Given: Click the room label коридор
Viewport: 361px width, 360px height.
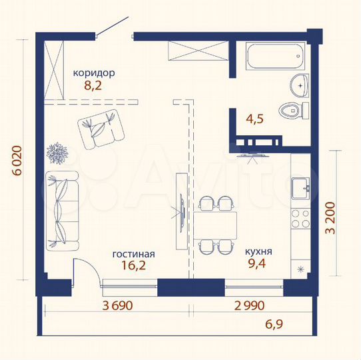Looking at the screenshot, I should (x=95, y=73).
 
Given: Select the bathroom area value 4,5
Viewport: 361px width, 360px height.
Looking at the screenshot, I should (x=254, y=120).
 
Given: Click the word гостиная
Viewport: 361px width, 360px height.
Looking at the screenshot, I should (x=133, y=254).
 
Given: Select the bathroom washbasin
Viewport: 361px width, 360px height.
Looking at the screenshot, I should (x=299, y=84).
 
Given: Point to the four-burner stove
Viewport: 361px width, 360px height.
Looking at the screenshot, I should (x=301, y=217).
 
